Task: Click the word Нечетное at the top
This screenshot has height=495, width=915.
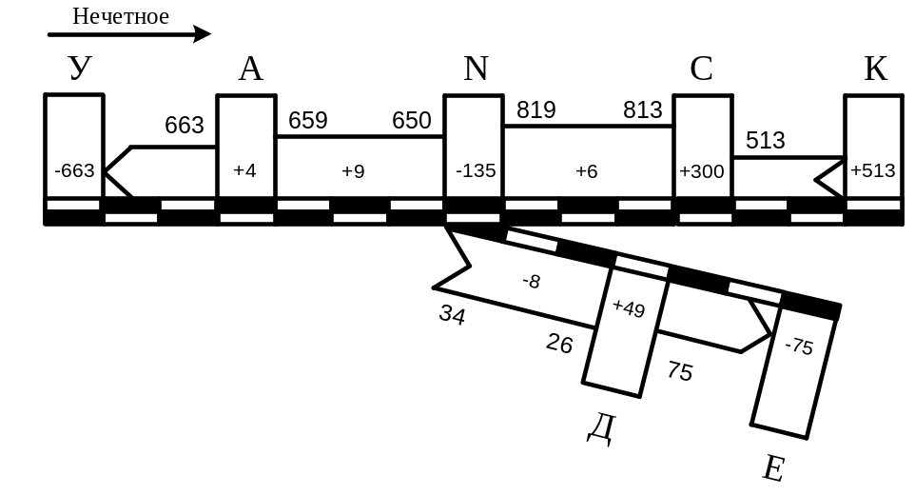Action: (x=121, y=16)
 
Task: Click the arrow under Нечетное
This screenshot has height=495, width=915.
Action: (x=128, y=34)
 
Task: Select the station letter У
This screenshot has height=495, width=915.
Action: (x=80, y=69)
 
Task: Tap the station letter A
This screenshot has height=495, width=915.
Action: (x=250, y=69)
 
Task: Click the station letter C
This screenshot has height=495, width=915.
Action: (x=702, y=69)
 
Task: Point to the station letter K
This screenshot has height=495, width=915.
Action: (x=875, y=69)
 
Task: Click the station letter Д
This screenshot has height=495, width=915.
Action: (x=600, y=428)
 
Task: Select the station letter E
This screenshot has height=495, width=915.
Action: (x=774, y=467)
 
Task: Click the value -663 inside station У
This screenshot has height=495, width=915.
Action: (x=74, y=171)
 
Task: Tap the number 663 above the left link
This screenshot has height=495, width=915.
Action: (x=184, y=125)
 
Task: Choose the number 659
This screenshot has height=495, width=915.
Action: (x=307, y=121)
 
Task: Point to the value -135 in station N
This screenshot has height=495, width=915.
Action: (x=475, y=171)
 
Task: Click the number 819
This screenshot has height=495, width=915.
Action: (x=535, y=109)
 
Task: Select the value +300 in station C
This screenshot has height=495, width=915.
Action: (x=702, y=171)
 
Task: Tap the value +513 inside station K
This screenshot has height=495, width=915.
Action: (x=873, y=171)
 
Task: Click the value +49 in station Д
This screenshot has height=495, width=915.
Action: (x=629, y=307)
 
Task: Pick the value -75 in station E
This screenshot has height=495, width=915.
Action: (x=799, y=347)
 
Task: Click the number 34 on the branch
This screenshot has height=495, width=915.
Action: (x=453, y=315)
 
